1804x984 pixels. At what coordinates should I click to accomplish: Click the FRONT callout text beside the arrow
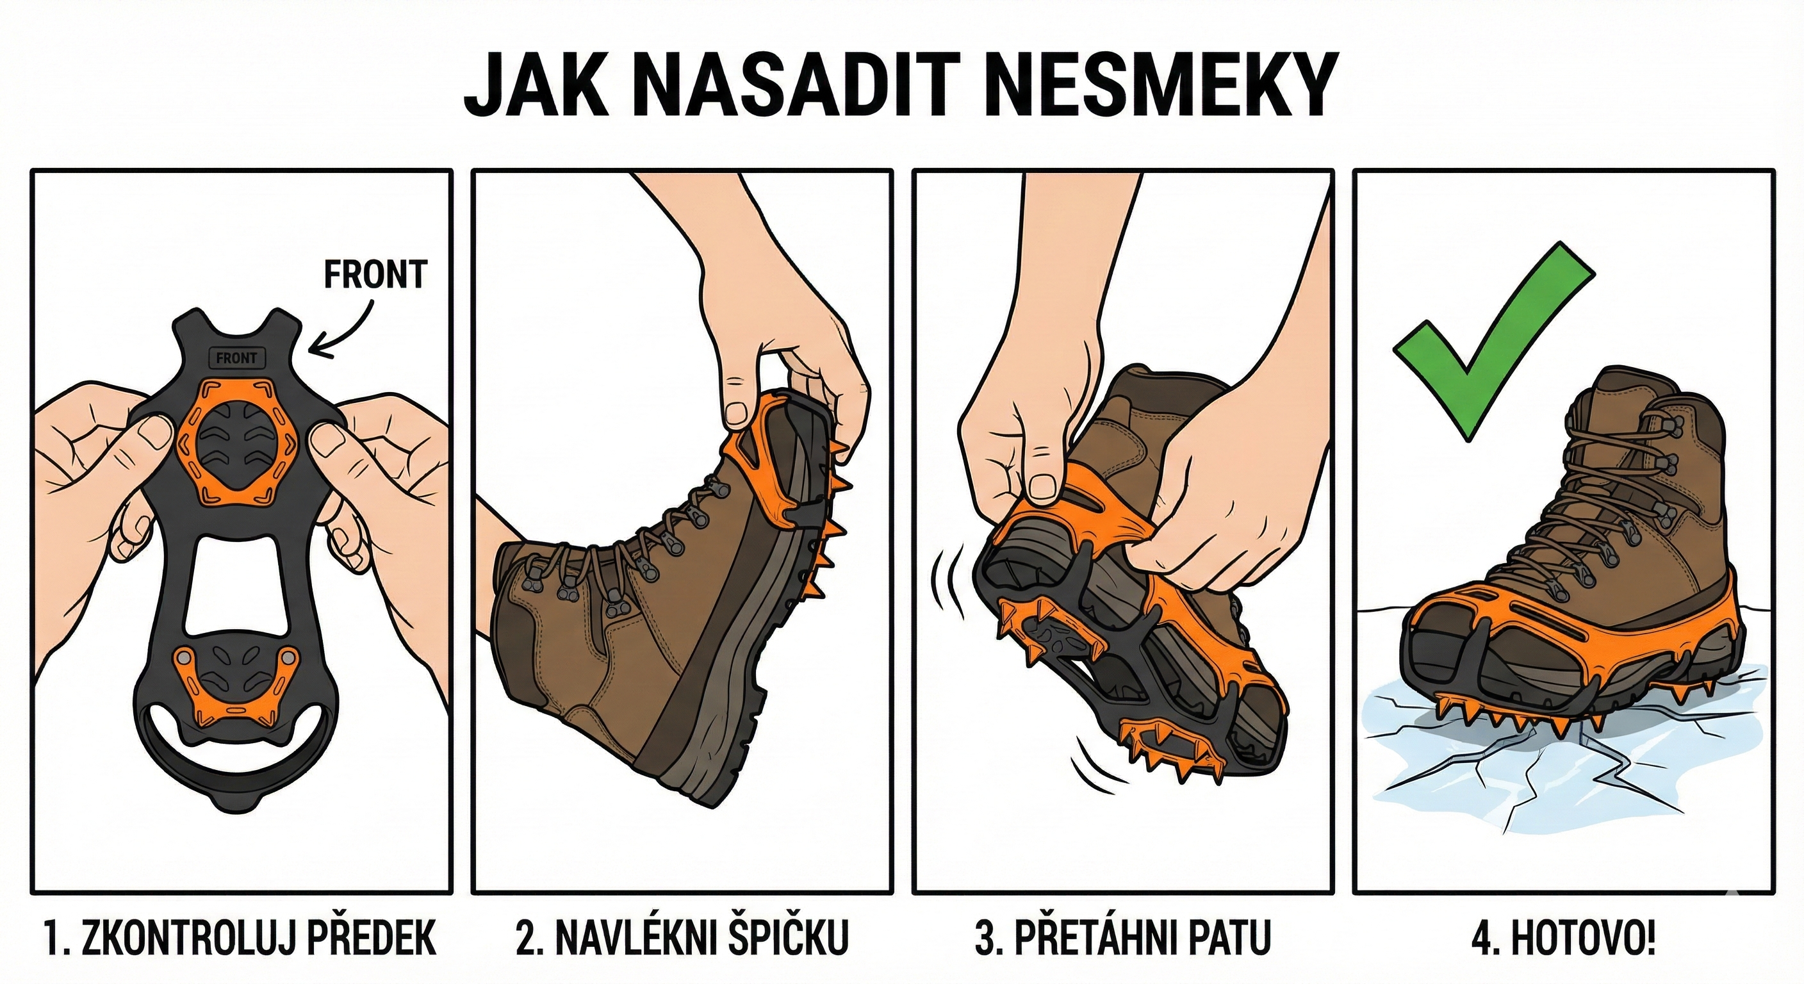pos(375,275)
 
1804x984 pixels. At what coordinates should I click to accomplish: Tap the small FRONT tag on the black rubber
pos(236,358)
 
